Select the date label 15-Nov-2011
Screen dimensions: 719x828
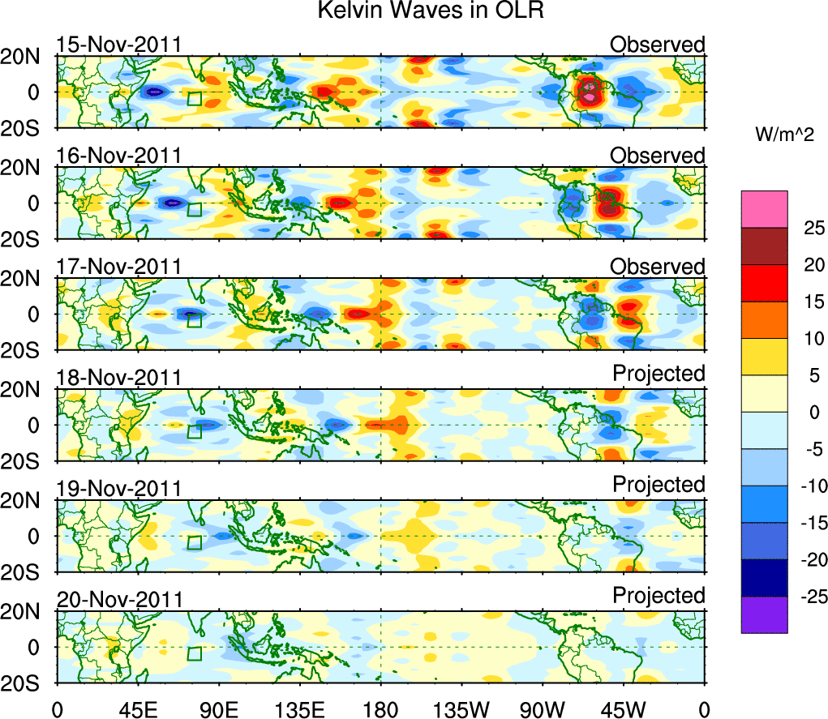[119, 45]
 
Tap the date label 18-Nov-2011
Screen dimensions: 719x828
[119, 378]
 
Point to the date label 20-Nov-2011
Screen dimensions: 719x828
[119, 600]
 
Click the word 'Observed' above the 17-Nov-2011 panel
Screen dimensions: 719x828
[658, 267]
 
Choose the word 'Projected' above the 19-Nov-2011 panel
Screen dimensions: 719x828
[659, 484]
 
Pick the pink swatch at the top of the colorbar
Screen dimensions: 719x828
[764, 209]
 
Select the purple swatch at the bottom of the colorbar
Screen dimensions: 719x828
[764, 614]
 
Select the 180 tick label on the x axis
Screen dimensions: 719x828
[380, 709]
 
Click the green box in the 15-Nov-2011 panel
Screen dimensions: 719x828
[194, 98]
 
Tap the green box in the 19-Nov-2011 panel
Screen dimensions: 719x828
[194, 542]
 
